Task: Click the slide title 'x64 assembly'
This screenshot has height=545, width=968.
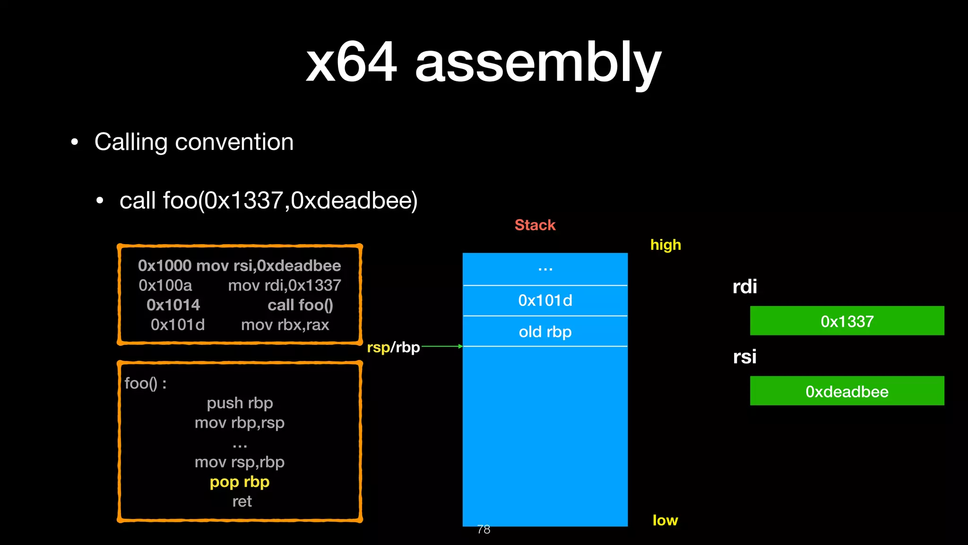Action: (x=483, y=62)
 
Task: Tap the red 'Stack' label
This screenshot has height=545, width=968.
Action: (x=535, y=225)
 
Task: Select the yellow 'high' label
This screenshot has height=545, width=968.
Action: (x=665, y=245)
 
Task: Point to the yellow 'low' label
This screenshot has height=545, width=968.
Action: (x=665, y=520)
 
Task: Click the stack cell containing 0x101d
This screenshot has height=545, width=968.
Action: (x=545, y=300)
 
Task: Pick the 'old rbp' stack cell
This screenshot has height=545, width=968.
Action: (x=545, y=332)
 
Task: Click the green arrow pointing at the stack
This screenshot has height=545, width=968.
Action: (x=442, y=347)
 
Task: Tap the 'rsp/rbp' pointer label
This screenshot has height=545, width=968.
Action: (x=393, y=348)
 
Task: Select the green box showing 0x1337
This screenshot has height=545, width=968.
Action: (x=847, y=321)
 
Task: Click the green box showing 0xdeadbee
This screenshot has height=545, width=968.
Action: (x=847, y=391)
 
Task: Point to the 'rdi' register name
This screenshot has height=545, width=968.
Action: (x=744, y=287)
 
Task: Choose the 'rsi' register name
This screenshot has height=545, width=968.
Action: (x=744, y=357)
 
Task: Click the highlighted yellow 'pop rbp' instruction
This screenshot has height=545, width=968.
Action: (x=240, y=482)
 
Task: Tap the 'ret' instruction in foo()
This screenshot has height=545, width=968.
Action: (x=242, y=501)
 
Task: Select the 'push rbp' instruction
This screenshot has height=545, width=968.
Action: (x=240, y=403)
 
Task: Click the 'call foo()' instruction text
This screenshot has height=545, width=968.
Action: (x=300, y=305)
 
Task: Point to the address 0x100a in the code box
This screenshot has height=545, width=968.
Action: (x=165, y=285)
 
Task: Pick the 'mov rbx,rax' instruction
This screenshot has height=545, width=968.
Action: (x=285, y=325)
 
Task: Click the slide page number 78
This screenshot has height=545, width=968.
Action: (x=484, y=529)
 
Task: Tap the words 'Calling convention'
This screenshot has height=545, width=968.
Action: (x=194, y=142)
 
